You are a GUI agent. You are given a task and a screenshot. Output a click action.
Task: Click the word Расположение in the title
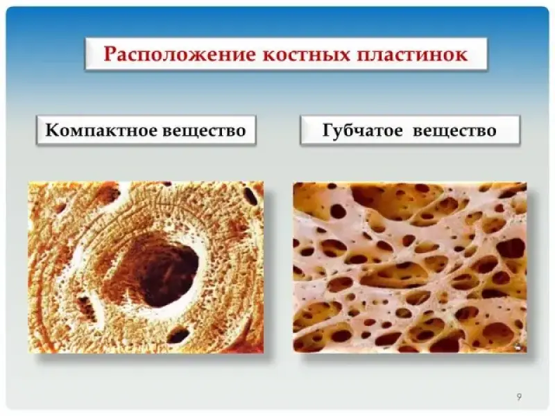coord(180,55)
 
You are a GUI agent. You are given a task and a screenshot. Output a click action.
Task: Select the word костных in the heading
coord(305,55)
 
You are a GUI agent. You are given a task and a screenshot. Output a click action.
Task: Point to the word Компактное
coord(101,130)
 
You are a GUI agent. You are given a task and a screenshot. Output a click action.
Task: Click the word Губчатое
coord(362,130)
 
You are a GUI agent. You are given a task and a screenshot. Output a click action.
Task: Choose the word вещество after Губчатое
coord(454,130)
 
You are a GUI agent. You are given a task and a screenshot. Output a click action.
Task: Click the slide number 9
coord(519,397)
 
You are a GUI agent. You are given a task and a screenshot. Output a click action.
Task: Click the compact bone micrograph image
coord(146,267)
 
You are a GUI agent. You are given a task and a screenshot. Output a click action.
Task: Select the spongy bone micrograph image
coord(410,268)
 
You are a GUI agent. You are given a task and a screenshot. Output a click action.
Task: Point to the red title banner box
coord(286,54)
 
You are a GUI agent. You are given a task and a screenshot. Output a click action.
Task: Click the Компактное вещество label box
coord(146,130)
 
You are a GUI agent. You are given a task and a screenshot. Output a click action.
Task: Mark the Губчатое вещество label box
coord(410,130)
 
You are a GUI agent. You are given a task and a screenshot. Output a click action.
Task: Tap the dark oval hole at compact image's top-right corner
coord(250,196)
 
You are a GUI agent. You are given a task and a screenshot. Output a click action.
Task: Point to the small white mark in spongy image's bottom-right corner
coord(518,347)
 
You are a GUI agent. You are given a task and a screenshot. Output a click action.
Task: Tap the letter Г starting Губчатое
coord(327,130)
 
